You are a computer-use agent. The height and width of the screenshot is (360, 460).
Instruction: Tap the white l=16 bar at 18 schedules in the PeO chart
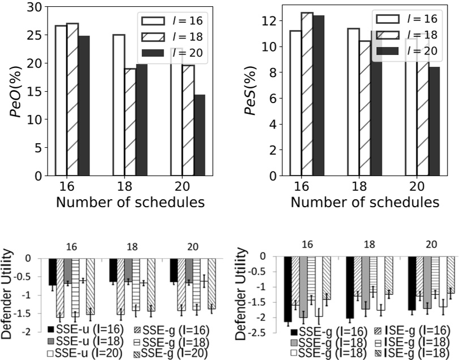click(x=118, y=105)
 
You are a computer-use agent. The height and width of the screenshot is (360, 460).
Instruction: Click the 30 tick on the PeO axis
click(x=35, y=7)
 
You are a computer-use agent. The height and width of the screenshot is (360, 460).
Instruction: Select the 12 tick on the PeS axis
click(x=270, y=21)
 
